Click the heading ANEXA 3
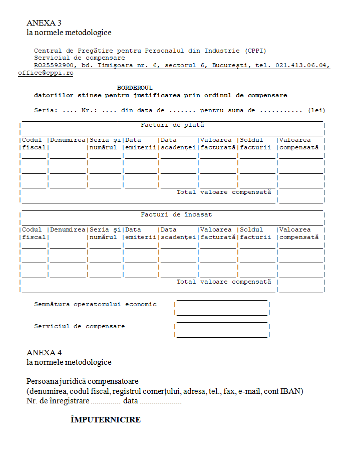click(44, 23)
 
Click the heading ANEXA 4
click(44, 352)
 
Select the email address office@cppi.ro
click(46, 73)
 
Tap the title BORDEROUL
click(135, 88)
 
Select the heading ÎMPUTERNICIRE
click(105, 420)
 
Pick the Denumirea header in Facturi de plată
click(68, 140)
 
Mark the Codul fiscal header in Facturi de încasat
click(34, 234)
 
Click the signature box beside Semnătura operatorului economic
click(222, 308)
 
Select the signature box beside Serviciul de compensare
click(222, 330)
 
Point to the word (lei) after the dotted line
click(316, 110)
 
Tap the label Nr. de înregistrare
click(58, 401)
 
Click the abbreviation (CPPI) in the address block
click(256, 51)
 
